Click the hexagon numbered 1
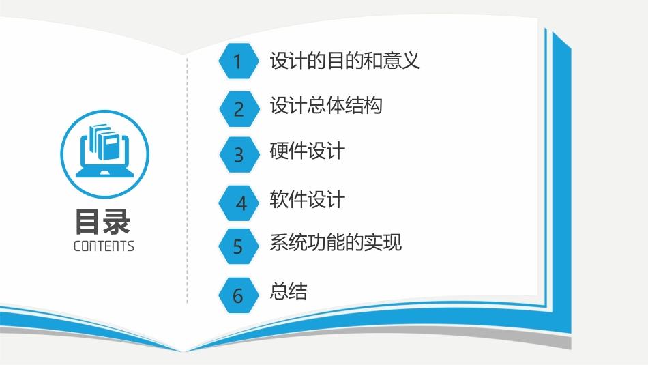pyautogui.click(x=238, y=61)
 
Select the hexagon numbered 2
pyautogui.click(x=238, y=108)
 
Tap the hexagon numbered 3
pyautogui.click(x=238, y=155)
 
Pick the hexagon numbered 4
pyautogui.click(x=240, y=203)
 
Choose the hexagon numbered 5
pyautogui.click(x=238, y=246)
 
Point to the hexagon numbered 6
pyautogui.click(x=238, y=295)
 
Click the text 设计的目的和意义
pyautogui.click(x=344, y=61)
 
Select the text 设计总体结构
pyautogui.click(x=325, y=106)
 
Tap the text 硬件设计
pyautogui.click(x=307, y=151)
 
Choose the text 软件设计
pyautogui.click(x=307, y=200)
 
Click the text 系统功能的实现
pyautogui.click(x=335, y=243)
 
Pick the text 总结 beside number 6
pyautogui.click(x=289, y=292)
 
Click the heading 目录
pyautogui.click(x=104, y=222)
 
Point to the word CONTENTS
pyautogui.click(x=104, y=246)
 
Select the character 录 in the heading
pyautogui.click(x=118, y=222)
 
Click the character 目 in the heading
pyautogui.click(x=89, y=222)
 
